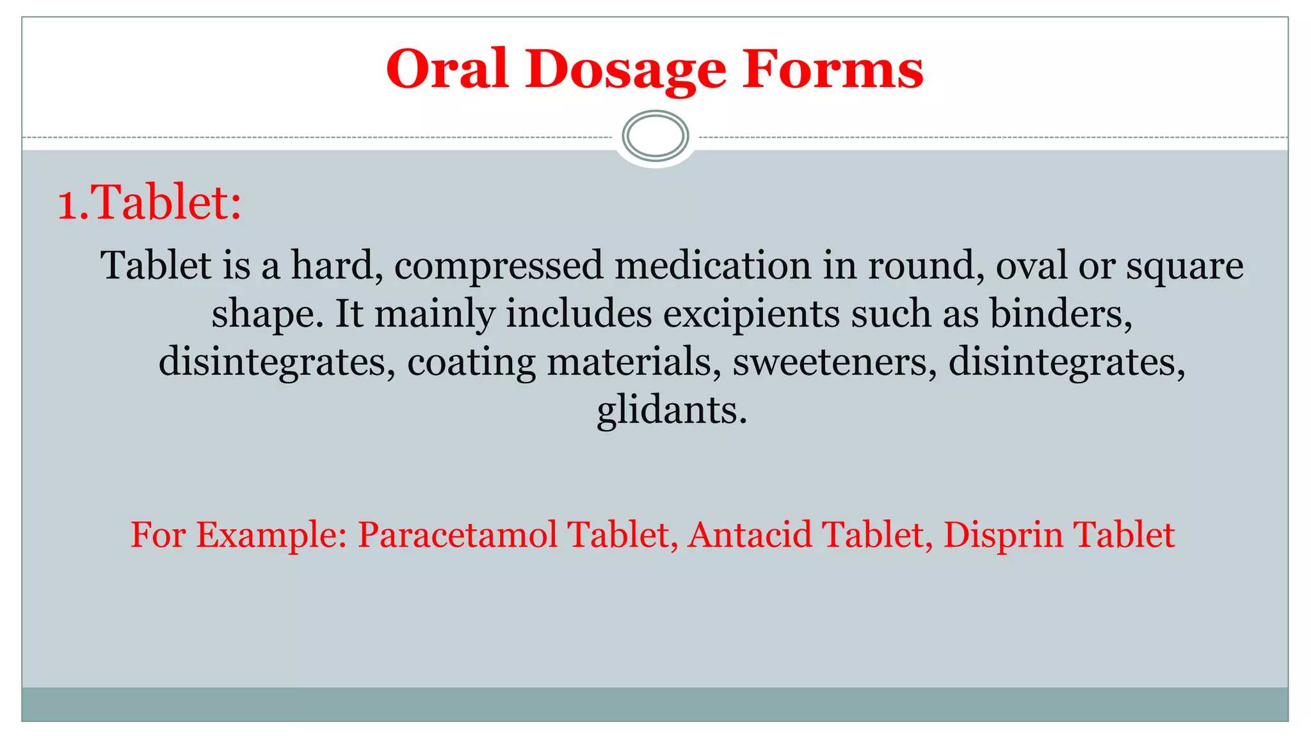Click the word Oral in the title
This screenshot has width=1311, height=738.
click(447, 69)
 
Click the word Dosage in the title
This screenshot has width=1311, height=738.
click(625, 69)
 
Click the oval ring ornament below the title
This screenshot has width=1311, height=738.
click(655, 136)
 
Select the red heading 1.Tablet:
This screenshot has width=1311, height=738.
click(150, 203)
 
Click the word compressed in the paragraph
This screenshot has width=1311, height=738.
click(498, 266)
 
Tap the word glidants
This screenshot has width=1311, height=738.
click(672, 411)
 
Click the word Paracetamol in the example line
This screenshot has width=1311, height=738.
click(457, 535)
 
